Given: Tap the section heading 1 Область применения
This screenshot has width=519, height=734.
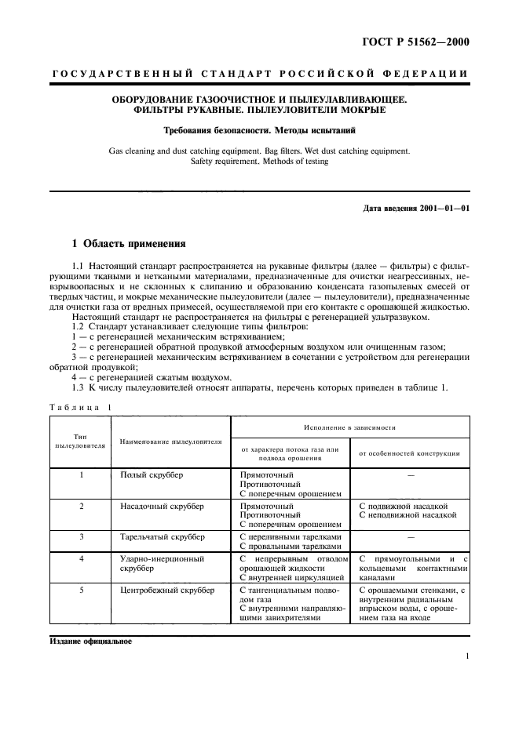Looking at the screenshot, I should coord(128,243).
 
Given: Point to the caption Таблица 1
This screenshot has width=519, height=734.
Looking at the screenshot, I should coord(81,406).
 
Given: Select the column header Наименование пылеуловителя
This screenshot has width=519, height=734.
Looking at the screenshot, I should coord(170,442).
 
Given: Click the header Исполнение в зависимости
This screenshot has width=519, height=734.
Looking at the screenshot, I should coord(349,428).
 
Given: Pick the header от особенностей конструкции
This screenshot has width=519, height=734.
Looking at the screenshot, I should coord(409,452).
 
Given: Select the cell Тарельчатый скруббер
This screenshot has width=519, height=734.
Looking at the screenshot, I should coord(163,536).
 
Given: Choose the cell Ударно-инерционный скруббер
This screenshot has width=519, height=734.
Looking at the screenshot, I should coord(161,563).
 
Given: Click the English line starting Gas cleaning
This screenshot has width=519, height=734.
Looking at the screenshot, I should coord(258,149).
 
